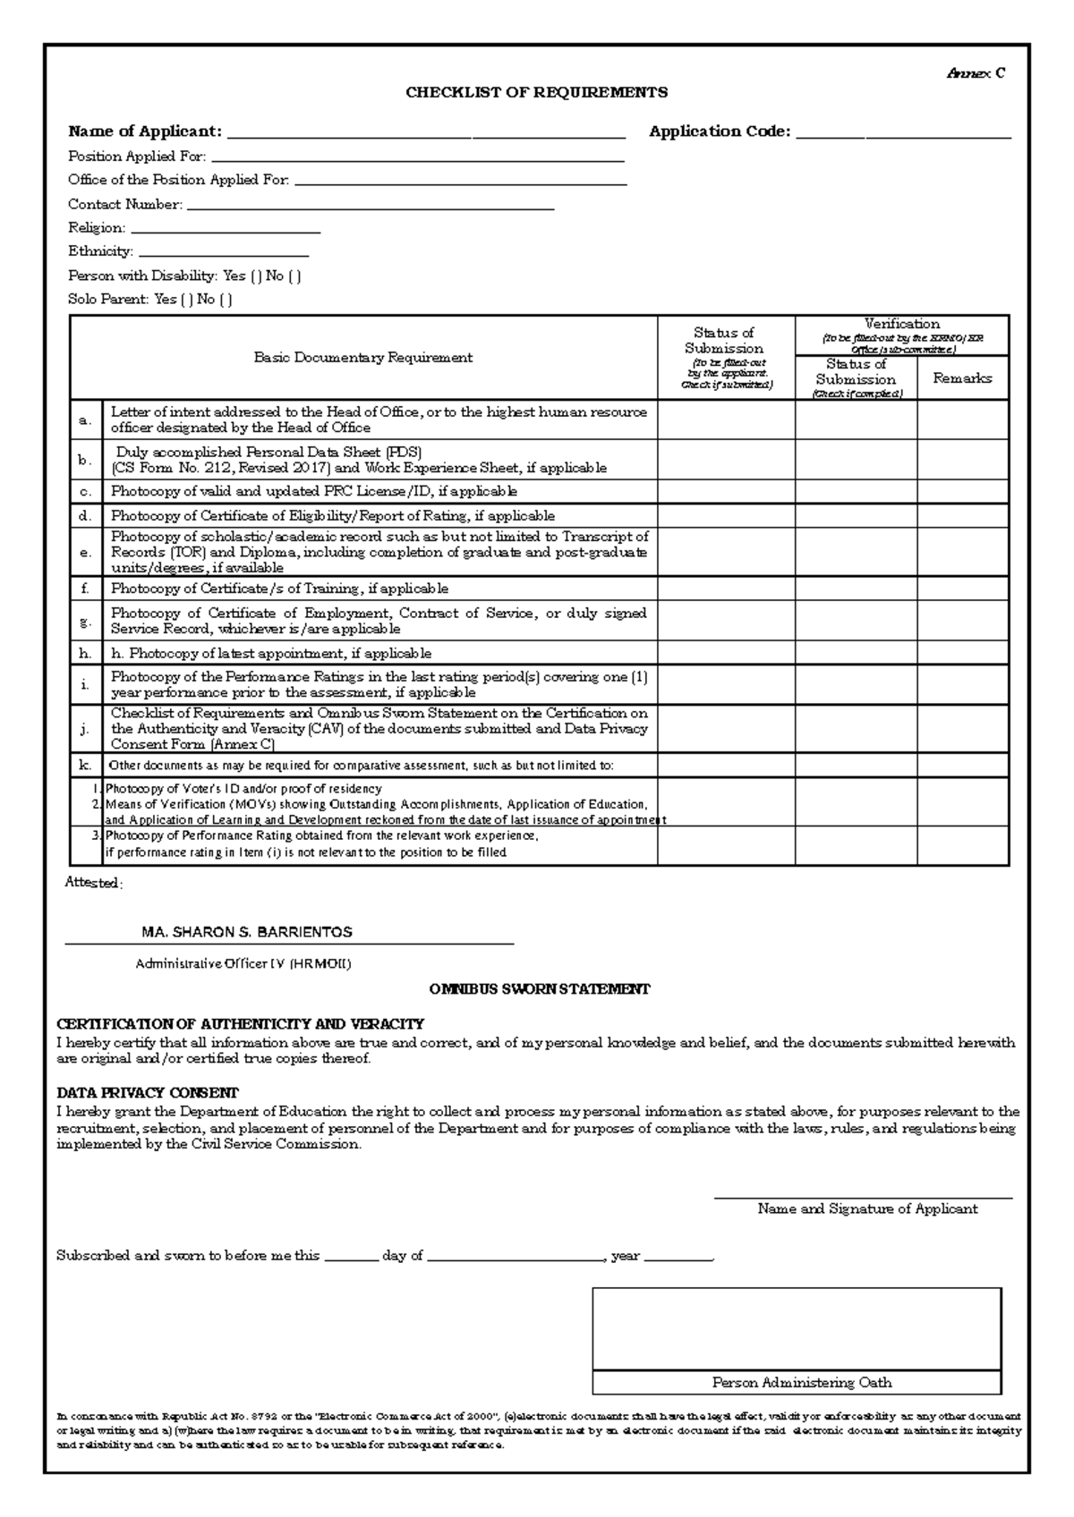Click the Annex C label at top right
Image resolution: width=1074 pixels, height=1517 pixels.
click(976, 73)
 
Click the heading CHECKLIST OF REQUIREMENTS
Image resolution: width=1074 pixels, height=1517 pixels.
click(537, 92)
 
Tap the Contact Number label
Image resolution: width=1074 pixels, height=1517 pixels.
click(125, 204)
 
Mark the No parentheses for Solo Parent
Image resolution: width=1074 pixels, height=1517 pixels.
click(226, 300)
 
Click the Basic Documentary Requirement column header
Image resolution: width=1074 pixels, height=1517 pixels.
click(362, 358)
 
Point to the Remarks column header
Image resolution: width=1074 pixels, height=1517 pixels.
click(962, 378)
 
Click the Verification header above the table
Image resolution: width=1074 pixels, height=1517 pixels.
click(901, 324)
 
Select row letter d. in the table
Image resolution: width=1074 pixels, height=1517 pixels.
click(85, 516)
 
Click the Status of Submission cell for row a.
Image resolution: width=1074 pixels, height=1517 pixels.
click(726, 420)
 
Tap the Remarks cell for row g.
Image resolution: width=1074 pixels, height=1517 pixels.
click(962, 621)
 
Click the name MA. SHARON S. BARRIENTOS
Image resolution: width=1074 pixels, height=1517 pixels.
click(247, 932)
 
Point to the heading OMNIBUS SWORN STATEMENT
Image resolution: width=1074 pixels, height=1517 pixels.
click(539, 989)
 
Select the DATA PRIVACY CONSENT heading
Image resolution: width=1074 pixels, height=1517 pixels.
click(148, 1093)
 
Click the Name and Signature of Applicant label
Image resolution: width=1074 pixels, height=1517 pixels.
click(866, 1209)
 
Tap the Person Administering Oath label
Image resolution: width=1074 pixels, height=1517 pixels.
click(801, 1383)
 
